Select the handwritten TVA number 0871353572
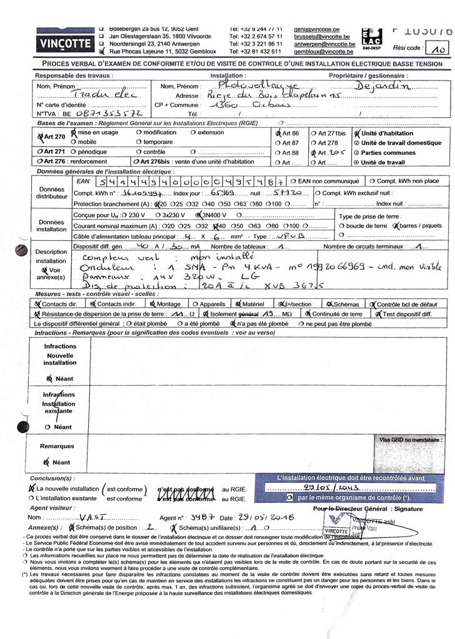[x=99, y=115]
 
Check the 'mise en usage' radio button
[x=74, y=133]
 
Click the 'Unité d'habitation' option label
[x=387, y=133]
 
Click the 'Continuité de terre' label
[x=337, y=315]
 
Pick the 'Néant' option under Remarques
[x=61, y=462]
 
